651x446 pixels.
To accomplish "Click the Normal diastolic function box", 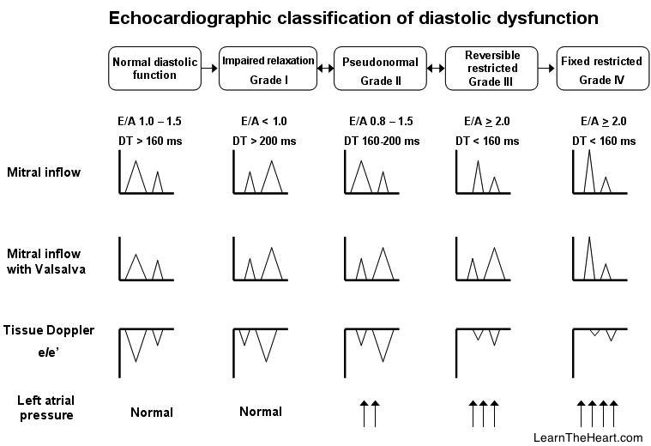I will [x=155, y=69].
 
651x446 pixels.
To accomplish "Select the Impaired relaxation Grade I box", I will [x=268, y=69].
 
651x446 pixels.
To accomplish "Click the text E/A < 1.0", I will [x=262, y=121].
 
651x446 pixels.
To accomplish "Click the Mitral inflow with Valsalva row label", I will [x=45, y=261].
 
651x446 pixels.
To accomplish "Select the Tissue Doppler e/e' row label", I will [x=49, y=338].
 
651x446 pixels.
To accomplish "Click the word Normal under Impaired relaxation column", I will [x=261, y=413].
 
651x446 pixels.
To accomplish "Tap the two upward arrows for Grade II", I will [x=369, y=413].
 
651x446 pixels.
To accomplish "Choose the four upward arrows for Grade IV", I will [x=599, y=413].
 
